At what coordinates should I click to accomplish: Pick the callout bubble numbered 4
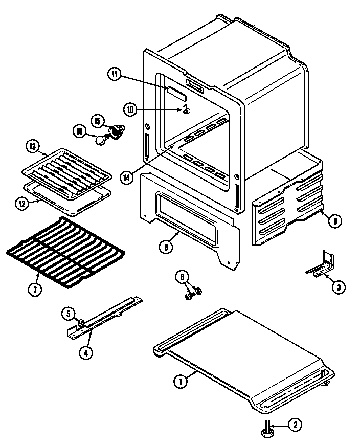click(89, 353)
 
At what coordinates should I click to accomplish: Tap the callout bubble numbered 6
click(182, 277)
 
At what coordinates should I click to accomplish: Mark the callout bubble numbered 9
click(333, 221)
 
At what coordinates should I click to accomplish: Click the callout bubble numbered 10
click(130, 109)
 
